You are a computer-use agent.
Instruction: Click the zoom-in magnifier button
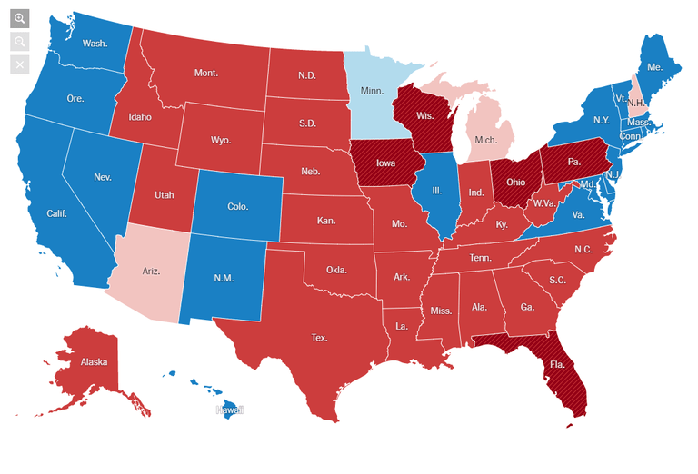pos(20,18)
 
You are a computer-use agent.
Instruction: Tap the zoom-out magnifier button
pos(20,42)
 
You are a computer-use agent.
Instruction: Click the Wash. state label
pos(94,43)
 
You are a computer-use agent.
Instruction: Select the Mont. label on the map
pos(206,73)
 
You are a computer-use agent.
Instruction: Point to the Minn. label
pos(372,91)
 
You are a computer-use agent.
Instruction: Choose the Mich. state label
pos(487,141)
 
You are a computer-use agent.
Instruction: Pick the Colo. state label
pos(237,207)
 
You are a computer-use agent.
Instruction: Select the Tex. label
pos(319,337)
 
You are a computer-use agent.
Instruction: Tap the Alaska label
pos(94,362)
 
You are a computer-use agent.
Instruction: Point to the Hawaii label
pos(229,410)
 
